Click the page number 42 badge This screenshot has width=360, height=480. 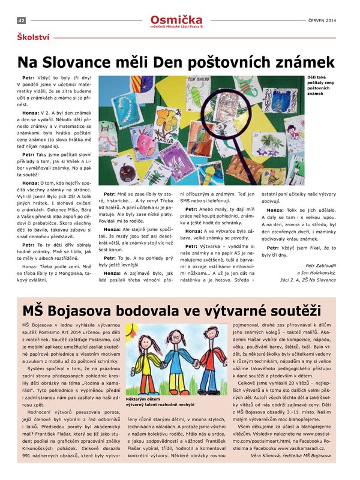tap(21, 20)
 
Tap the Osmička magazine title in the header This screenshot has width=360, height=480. tap(176, 19)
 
